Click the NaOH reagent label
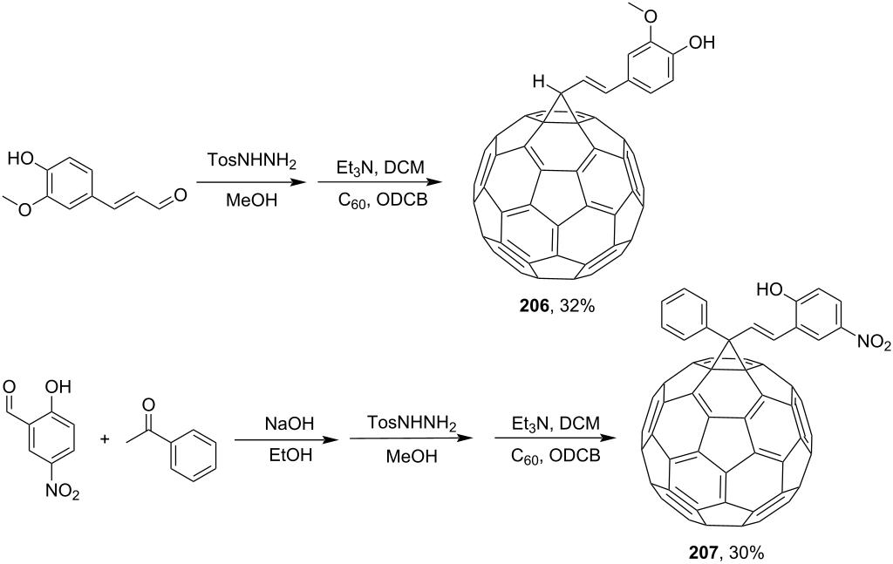click(290, 425)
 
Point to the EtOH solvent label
click(290, 455)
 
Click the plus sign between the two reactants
click(106, 438)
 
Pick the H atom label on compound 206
click(539, 83)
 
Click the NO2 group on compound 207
click(871, 342)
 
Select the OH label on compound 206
click(701, 43)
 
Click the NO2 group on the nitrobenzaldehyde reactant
click(63, 491)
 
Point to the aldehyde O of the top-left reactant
click(180, 196)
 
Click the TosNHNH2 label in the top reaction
click(252, 162)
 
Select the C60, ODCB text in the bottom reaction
click(555, 455)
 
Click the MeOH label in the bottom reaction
click(412, 456)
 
